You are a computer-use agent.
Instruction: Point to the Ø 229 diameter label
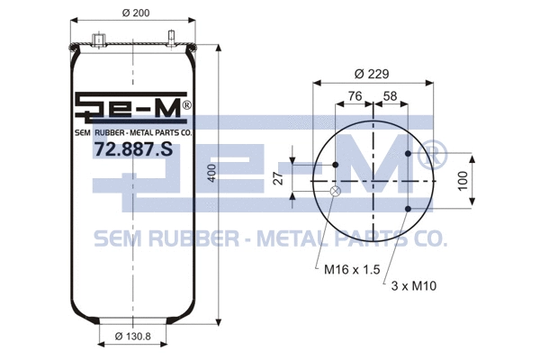tap(372, 73)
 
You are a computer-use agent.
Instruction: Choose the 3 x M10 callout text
tap(413, 285)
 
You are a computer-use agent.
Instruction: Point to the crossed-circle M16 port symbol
tap(336, 190)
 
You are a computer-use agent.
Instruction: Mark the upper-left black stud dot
tap(336, 166)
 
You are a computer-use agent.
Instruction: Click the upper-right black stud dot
tap(409, 155)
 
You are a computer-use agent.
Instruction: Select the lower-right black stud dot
tap(409, 210)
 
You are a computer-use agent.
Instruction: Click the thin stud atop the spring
tap(170, 38)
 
